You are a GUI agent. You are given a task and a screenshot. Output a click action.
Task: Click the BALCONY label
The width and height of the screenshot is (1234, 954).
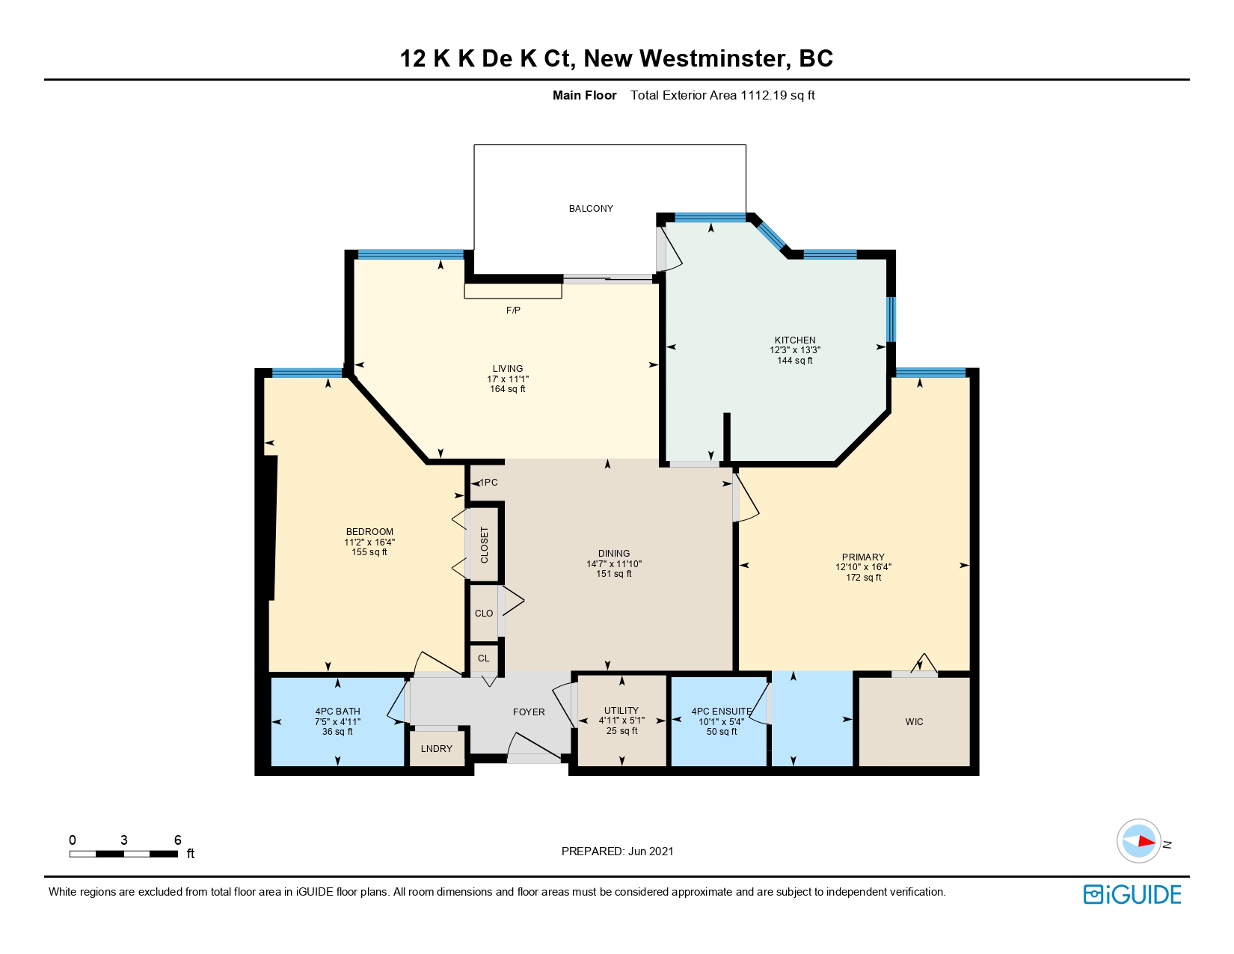[591, 209]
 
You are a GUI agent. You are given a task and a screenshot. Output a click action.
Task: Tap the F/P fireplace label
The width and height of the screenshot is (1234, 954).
[513, 311]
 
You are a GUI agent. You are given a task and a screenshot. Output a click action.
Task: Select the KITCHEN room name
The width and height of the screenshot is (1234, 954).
[794, 340]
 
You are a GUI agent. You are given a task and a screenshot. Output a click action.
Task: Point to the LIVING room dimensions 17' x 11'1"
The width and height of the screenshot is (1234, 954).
[508, 379]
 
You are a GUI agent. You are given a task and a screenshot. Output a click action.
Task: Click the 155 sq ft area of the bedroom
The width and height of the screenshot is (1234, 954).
[369, 551]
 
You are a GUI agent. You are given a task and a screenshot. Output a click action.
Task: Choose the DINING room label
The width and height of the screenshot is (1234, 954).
[614, 554]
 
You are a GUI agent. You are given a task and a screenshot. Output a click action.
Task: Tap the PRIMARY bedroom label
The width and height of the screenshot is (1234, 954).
[863, 557]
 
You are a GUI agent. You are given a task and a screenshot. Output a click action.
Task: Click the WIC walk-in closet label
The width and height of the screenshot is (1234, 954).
[915, 721]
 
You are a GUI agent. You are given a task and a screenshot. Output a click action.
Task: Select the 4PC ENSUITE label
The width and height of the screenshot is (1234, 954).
[721, 712]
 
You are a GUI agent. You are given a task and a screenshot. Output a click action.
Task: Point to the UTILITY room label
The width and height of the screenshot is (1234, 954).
[621, 710]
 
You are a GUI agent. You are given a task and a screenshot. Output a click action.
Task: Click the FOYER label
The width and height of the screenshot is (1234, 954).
[529, 712]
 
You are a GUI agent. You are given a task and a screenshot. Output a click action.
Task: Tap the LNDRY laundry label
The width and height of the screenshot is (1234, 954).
[437, 749]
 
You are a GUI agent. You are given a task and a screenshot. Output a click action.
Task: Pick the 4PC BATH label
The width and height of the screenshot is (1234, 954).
[338, 712]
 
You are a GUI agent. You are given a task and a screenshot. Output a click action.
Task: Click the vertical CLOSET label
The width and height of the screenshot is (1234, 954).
[485, 545]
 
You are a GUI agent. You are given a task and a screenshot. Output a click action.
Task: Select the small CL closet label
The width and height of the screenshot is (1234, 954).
[483, 658]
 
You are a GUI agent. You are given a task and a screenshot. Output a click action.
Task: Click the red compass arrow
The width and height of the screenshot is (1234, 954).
[1146, 841]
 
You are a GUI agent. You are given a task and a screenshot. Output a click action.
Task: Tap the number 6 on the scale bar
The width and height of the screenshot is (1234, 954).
[178, 840]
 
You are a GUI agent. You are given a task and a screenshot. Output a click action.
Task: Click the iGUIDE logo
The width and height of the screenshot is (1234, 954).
[1132, 894]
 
